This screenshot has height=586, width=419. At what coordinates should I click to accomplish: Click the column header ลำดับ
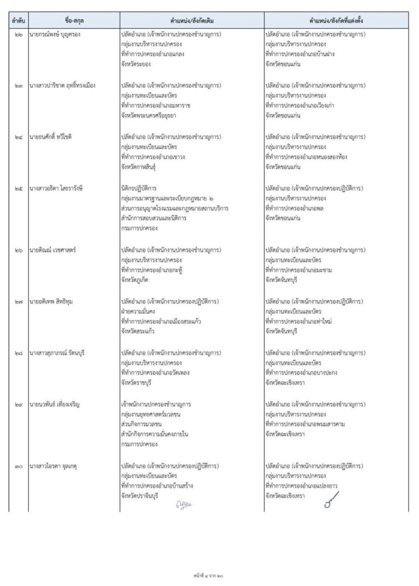(19, 21)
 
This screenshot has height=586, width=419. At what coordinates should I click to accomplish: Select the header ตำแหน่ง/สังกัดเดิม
(192, 21)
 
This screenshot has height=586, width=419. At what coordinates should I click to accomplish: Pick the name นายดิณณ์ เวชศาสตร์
(54, 249)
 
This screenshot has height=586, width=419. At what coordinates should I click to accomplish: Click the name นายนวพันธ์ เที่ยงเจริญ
(58, 404)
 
